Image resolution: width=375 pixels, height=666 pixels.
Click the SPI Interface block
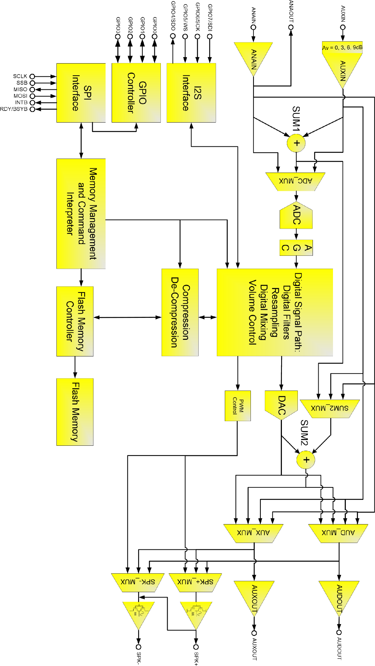[81, 93]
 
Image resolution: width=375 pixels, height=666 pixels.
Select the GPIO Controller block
[136, 93]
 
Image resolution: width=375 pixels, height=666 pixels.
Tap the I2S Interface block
[191, 93]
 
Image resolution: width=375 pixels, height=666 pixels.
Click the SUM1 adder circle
[296, 143]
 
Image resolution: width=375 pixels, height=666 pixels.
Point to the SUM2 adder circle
[306, 460]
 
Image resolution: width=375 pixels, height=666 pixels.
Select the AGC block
[296, 248]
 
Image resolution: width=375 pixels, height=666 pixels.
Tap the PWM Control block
[238, 406]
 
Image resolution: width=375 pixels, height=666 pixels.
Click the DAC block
[281, 405]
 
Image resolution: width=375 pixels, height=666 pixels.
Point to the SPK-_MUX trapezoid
[138, 582]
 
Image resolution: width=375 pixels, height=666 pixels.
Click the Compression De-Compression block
[180, 312]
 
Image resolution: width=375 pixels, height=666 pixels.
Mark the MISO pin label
[20, 89]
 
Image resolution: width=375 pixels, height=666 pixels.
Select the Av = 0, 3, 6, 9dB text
[342, 48]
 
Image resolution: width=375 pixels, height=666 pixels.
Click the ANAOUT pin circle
[291, 27]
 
